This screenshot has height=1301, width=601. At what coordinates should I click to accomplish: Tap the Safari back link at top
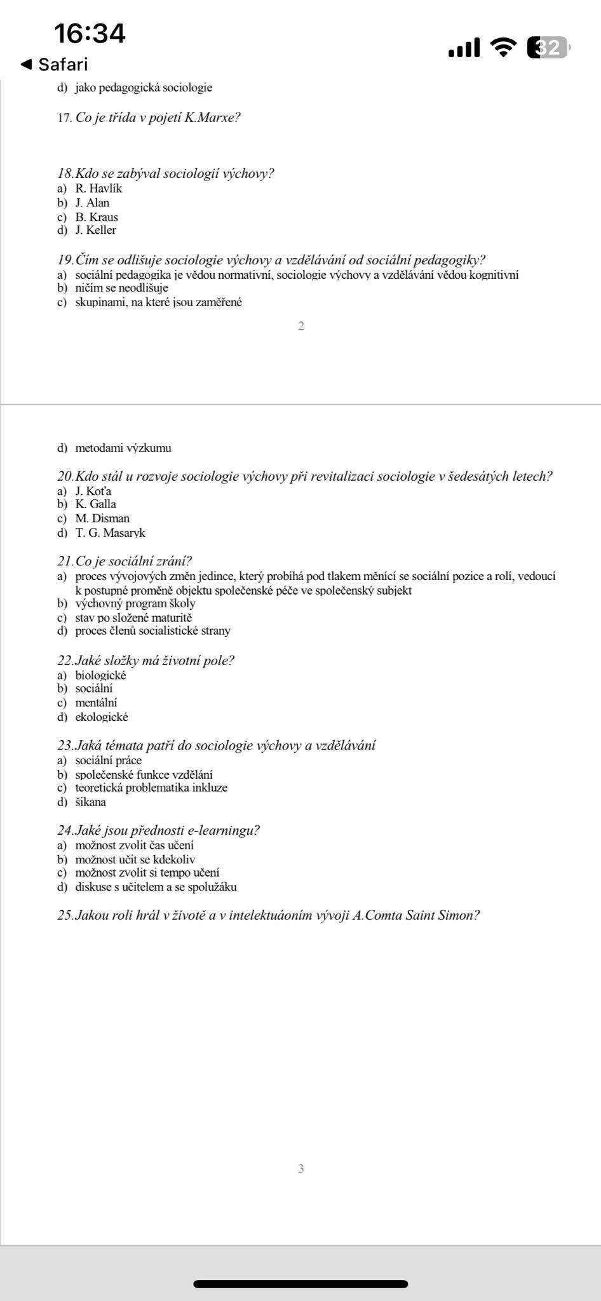point(55,64)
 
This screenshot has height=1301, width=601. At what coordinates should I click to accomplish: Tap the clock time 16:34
point(90,33)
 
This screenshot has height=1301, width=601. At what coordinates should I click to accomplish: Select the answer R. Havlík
point(98,189)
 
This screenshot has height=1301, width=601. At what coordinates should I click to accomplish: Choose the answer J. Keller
point(95,231)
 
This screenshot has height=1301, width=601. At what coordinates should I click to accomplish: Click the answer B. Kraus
point(97,217)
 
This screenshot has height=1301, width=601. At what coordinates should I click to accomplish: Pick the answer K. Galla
point(95,504)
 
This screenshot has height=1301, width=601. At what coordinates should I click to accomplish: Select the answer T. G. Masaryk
point(110,533)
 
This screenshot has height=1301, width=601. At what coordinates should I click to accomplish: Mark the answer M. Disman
point(102,518)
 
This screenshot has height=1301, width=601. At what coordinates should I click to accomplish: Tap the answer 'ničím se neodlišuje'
point(121,288)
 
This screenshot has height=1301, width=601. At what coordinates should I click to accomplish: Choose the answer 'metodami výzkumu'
point(123,448)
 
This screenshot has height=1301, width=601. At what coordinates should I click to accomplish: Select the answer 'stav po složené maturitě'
point(133,617)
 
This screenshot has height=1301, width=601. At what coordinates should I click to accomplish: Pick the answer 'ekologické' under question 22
point(102,717)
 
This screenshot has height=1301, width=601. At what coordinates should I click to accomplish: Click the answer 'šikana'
point(90,802)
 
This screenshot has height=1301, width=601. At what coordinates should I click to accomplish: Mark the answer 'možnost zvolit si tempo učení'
point(147,873)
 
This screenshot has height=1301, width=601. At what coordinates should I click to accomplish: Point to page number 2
point(301,327)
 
